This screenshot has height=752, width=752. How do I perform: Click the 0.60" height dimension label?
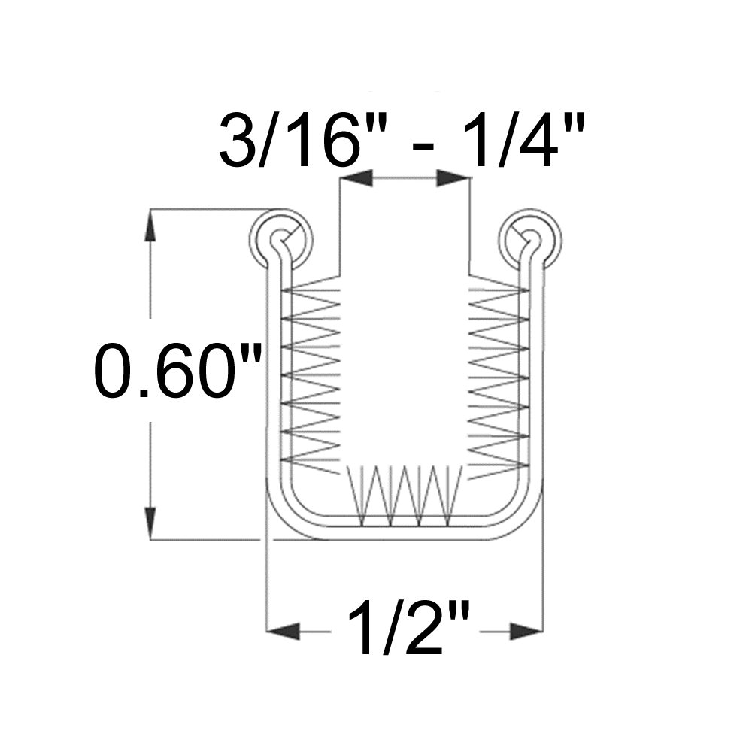(177, 370)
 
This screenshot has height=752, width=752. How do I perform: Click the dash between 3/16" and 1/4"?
(423, 145)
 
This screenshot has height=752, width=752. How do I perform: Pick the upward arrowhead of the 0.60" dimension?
(151, 225)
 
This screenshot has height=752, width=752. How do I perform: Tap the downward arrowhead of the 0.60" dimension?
(151, 523)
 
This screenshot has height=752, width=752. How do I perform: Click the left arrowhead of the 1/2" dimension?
(283, 631)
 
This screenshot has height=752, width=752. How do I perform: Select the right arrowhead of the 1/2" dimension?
(526, 631)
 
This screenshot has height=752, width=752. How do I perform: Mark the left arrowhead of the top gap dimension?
(356, 178)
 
